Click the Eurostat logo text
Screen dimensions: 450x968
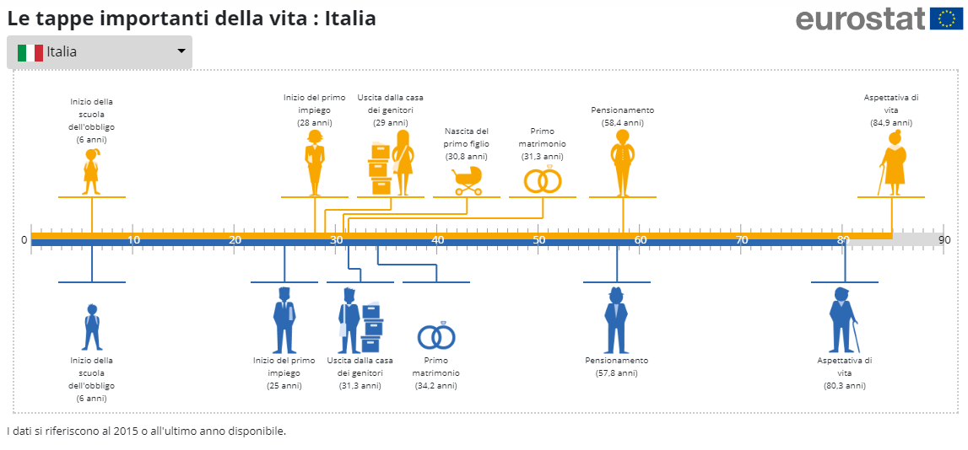tap(860, 18)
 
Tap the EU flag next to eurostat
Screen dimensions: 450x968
tap(946, 18)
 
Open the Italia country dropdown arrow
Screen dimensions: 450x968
tap(181, 51)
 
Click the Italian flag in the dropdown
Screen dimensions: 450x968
tap(30, 52)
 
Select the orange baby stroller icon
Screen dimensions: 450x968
tap(466, 179)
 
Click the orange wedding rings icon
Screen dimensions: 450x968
tap(543, 179)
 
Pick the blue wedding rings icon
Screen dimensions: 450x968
tap(436, 336)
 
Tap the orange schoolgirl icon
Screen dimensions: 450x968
tap(91, 171)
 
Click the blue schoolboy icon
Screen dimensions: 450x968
tap(92, 327)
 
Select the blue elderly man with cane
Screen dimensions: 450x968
tap(843, 320)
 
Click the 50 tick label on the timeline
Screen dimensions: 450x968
tap(538, 241)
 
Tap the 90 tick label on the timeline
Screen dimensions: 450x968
tap(944, 241)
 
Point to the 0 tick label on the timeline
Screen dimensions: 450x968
tap(24, 241)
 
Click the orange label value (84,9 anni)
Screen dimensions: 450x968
tap(891, 123)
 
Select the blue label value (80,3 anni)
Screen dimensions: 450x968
tap(845, 386)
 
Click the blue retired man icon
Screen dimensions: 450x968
tap(617, 320)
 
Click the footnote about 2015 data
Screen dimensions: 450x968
tap(147, 431)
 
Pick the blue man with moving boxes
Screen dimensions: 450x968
tap(360, 320)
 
